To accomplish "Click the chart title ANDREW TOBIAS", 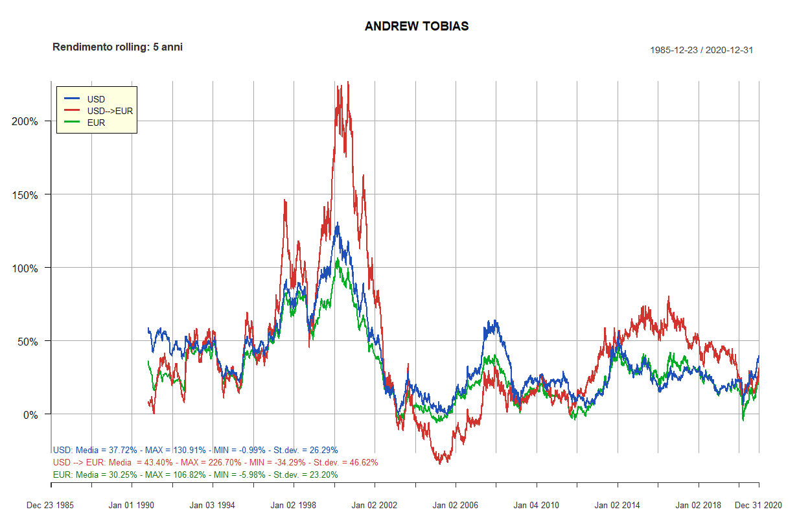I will point(417,27).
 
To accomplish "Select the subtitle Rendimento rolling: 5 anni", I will point(117,47).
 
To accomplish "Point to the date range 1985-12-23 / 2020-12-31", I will point(701,50).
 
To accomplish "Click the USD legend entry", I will point(96,99).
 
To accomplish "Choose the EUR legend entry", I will point(96,123).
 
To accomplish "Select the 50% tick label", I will point(27,341).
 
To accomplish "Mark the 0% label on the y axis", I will point(30,414).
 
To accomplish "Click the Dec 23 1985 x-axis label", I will point(50,505).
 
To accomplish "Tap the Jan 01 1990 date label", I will point(132,505).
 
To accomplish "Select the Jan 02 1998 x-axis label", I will point(293,505).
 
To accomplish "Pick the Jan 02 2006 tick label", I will point(455,505).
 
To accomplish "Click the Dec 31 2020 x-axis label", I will point(758,505).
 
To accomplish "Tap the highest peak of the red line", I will point(348,82).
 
